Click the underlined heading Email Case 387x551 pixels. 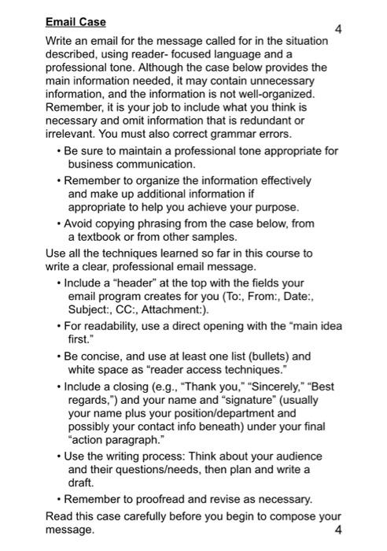(76, 22)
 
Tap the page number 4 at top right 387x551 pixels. (337, 30)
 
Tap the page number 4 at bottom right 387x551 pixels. (338, 530)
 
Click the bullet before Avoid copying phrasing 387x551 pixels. (60, 224)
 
